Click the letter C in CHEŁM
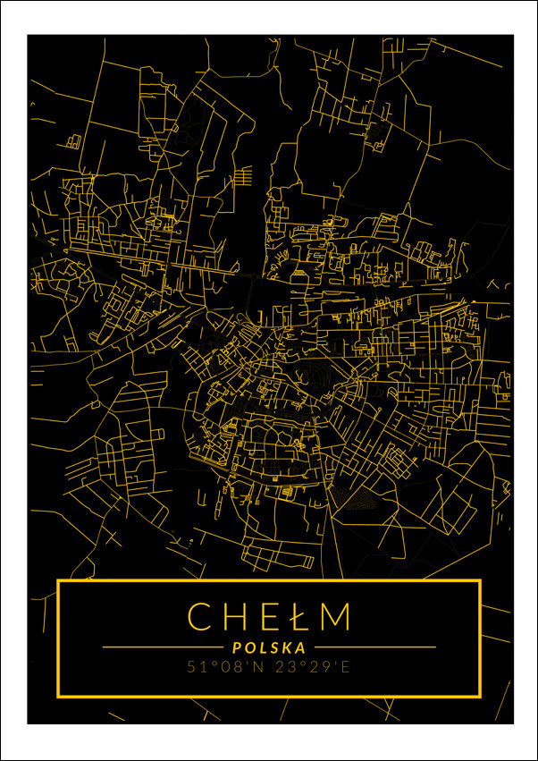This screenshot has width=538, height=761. click(x=201, y=616)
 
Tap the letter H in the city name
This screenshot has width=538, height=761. click(x=235, y=616)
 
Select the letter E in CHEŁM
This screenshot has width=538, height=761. click(x=266, y=616)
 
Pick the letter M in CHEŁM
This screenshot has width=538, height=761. click(x=335, y=616)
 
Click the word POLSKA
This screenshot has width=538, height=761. click(x=268, y=647)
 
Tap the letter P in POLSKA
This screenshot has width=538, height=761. click(x=235, y=647)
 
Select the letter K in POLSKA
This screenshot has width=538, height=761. click(x=288, y=647)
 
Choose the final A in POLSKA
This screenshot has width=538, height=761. click(x=301, y=647)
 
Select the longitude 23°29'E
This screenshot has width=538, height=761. click(x=313, y=667)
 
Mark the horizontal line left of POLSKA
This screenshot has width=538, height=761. click(x=161, y=647)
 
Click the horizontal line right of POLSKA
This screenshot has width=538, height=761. click(x=375, y=647)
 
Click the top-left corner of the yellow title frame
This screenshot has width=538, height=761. click(x=58, y=581)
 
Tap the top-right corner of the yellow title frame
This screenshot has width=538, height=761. click(x=480, y=581)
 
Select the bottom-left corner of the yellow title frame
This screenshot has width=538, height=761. click(x=58, y=695)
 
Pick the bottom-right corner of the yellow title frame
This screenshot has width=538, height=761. click(x=480, y=695)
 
